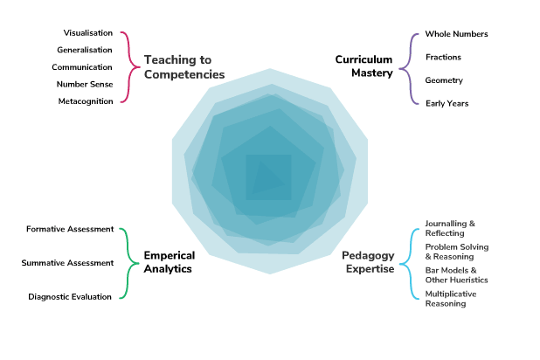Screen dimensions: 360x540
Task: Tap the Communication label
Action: point(81,67)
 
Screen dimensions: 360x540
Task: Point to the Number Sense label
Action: point(84,84)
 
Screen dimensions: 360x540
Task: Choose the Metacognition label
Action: point(85,101)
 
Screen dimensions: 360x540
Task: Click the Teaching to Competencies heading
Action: point(184,67)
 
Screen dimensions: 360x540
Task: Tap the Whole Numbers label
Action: point(456,34)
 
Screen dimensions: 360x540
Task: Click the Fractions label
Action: point(443,57)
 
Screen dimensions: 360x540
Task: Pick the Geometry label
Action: point(444,80)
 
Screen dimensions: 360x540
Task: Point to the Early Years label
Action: point(447,103)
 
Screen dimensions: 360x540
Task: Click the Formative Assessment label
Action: point(70,229)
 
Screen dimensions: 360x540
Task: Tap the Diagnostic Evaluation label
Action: point(70,296)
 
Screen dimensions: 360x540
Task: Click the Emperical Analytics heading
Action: point(168,262)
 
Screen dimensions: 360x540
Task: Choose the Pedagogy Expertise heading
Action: point(367,262)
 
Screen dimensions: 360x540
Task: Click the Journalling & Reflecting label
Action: point(450,228)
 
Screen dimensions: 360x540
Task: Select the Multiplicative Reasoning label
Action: point(452,299)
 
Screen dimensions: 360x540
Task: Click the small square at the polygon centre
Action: point(268,177)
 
